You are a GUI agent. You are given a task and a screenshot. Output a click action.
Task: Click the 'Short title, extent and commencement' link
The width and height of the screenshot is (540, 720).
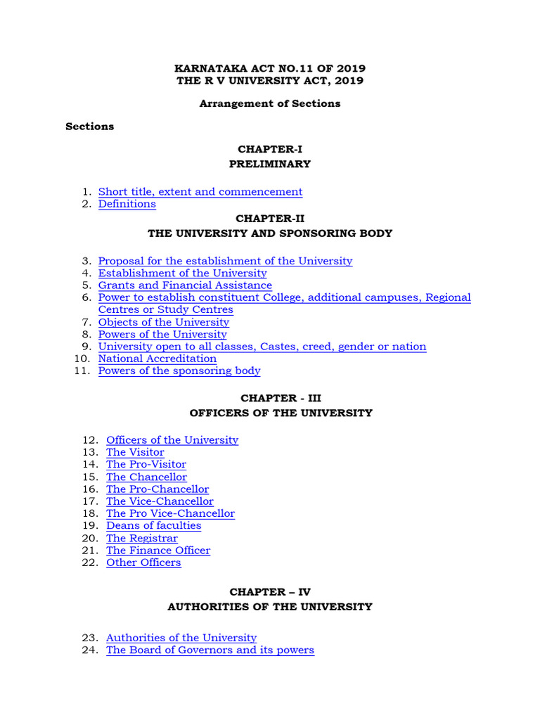(x=200, y=192)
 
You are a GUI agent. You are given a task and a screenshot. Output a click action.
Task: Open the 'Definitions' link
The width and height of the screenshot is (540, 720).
(x=127, y=204)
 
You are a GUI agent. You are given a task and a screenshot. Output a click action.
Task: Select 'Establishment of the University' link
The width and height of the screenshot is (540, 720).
(x=182, y=273)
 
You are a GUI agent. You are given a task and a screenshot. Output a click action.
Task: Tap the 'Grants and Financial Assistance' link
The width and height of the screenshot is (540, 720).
(x=185, y=285)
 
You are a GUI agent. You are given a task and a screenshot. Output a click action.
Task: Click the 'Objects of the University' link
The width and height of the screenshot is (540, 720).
(x=163, y=322)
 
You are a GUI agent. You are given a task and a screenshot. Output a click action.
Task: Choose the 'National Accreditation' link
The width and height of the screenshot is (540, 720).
(x=157, y=359)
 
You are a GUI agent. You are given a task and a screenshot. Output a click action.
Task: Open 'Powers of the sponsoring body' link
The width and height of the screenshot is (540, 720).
(x=179, y=371)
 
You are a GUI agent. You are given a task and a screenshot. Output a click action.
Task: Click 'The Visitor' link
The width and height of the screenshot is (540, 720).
(x=135, y=452)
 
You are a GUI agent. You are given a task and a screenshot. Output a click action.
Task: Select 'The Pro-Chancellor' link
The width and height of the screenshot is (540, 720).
(x=157, y=489)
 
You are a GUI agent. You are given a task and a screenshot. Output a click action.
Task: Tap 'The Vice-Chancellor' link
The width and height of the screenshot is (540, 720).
(x=160, y=501)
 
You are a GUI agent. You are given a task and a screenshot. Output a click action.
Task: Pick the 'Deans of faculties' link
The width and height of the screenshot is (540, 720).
(x=153, y=526)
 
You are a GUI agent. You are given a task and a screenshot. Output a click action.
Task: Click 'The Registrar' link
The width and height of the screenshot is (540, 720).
(x=141, y=538)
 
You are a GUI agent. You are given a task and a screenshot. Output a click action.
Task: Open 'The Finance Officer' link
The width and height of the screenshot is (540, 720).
(x=158, y=551)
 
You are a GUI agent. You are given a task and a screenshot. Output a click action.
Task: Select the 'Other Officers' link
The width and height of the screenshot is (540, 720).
(x=143, y=562)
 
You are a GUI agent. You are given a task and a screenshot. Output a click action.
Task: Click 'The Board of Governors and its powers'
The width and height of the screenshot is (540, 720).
(x=210, y=650)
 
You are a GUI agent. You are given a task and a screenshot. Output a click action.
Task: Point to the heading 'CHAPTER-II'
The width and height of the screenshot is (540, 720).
(x=270, y=219)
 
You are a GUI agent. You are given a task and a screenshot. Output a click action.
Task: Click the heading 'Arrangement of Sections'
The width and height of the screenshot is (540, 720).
(x=270, y=103)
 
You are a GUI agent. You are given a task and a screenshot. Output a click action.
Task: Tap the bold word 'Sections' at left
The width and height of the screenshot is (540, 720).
(x=90, y=127)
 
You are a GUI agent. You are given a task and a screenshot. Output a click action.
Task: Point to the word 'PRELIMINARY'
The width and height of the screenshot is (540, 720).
(x=270, y=164)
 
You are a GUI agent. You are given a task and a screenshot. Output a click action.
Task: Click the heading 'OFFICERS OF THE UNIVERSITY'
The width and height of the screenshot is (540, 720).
(x=281, y=413)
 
